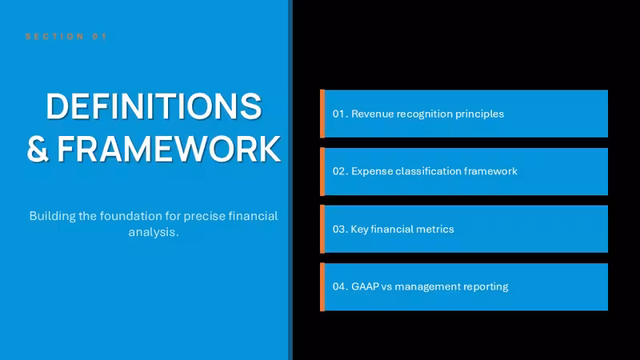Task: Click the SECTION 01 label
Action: (x=66, y=36)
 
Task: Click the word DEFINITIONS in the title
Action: (x=154, y=106)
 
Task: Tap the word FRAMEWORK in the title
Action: (x=169, y=149)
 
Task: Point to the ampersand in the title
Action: (x=38, y=149)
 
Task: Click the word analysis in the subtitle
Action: (x=152, y=232)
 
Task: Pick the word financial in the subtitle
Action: (x=253, y=215)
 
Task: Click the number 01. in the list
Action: (x=341, y=114)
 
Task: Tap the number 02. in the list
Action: (x=341, y=171)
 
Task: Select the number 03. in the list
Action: (x=341, y=229)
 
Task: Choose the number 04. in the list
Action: (x=341, y=286)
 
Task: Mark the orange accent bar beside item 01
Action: (x=322, y=114)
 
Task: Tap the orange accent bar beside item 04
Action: (x=322, y=287)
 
